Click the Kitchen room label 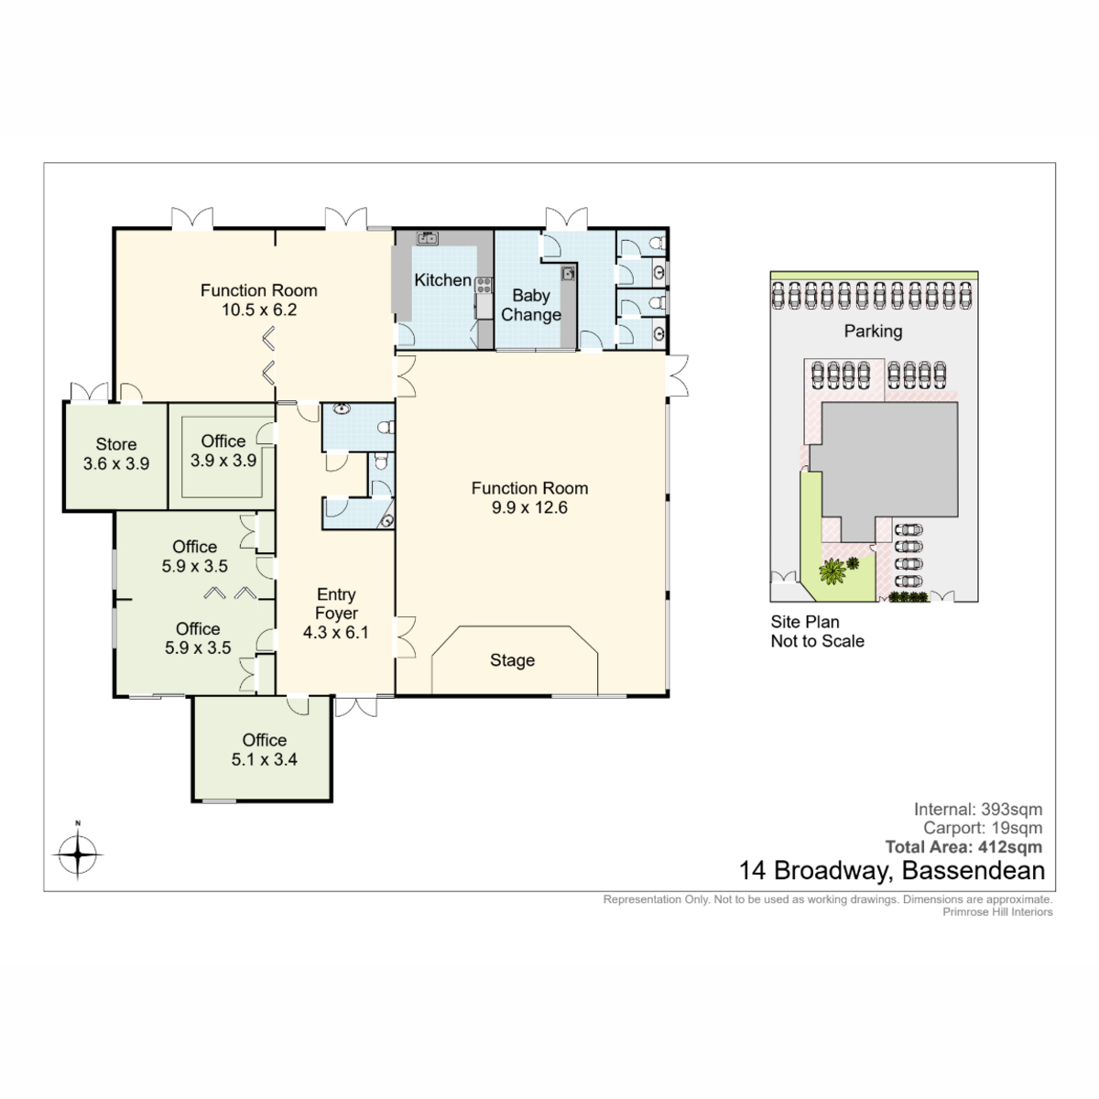(x=442, y=280)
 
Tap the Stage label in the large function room (x=512, y=660)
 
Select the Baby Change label (x=530, y=305)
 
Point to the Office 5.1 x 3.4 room (x=264, y=749)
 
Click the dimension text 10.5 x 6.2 (x=259, y=310)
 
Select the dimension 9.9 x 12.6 (x=529, y=507)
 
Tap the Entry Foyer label (x=336, y=604)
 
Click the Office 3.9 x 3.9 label (x=223, y=451)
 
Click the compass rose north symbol (x=78, y=854)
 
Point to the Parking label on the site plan (x=873, y=332)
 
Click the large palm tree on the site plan (x=832, y=571)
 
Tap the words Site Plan (x=805, y=622)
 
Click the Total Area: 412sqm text (x=963, y=847)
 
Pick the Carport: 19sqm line (x=984, y=828)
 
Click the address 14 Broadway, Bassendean (x=892, y=871)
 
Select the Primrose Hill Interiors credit (x=997, y=912)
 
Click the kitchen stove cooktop (x=484, y=285)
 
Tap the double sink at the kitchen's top (x=427, y=237)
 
